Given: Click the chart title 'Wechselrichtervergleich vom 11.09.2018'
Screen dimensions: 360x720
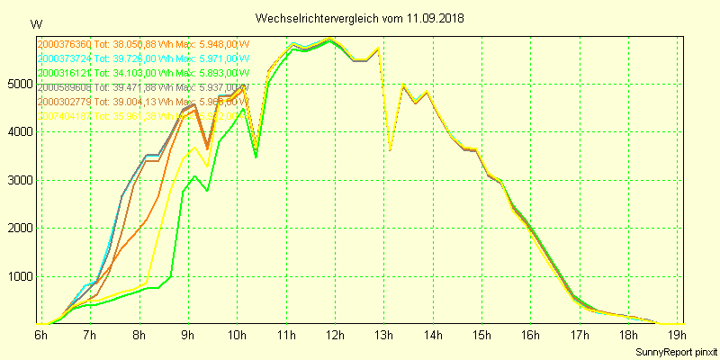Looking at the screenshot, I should tap(360, 18).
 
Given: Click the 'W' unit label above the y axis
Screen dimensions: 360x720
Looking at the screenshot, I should tap(35, 24).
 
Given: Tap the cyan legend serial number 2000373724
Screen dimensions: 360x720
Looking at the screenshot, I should tap(65, 58).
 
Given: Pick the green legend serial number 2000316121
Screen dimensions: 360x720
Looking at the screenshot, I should tap(65, 73).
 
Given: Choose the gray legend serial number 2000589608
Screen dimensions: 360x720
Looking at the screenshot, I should tap(65, 87).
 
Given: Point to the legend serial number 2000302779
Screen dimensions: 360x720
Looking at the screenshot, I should tap(65, 102).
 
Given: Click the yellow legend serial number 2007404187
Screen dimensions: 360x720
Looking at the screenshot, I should tap(65, 116).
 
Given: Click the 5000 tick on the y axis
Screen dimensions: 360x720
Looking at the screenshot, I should tap(19, 84).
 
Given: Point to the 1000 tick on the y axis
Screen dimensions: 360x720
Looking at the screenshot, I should tap(19, 276).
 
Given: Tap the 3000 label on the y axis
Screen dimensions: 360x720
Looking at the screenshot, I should tap(19, 180).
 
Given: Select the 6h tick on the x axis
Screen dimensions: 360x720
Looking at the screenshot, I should tap(41, 335).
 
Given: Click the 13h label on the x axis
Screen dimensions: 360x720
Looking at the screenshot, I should tap(384, 335).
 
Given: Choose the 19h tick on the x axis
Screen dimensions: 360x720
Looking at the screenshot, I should tap(679, 335).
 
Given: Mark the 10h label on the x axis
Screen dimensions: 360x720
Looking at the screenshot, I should tap(238, 335).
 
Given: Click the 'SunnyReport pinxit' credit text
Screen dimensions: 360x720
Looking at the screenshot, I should tap(677, 350).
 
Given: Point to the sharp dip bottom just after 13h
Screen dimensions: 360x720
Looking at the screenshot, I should tap(390, 149).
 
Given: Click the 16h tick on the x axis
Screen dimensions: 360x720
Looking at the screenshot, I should tap(531, 335).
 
